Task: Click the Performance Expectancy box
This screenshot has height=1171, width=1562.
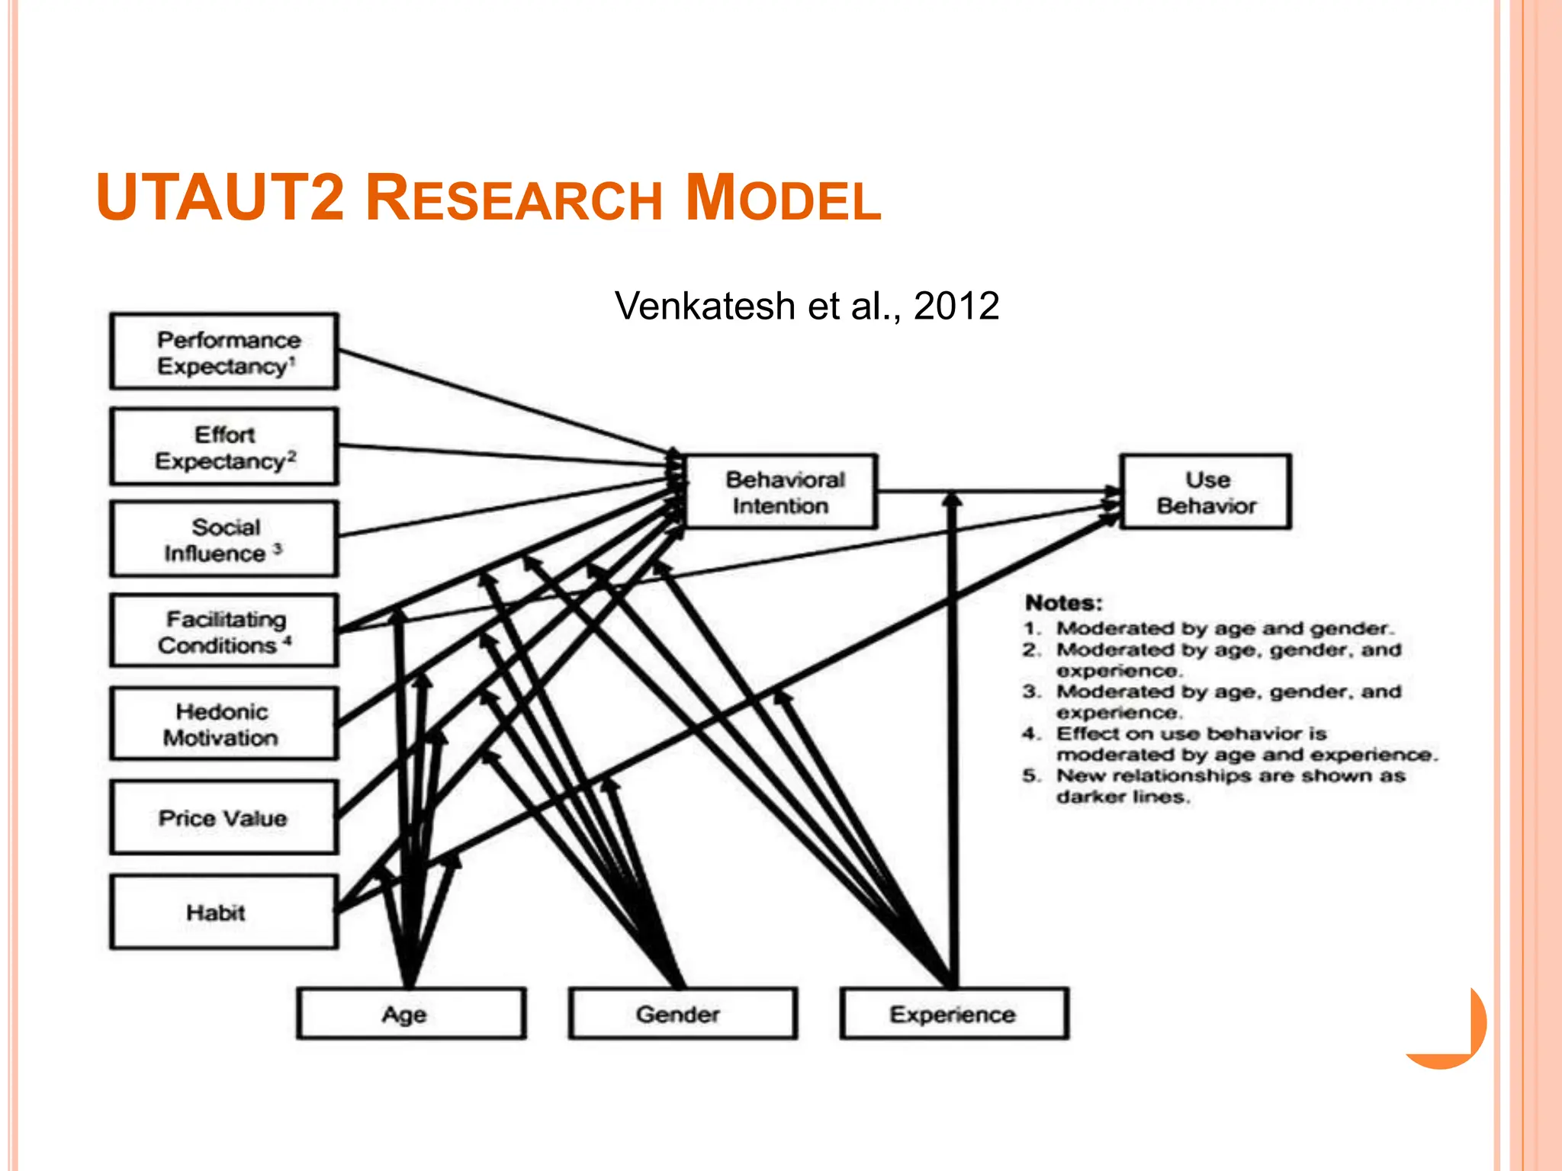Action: point(224,351)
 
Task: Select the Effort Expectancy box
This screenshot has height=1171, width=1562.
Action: point(224,447)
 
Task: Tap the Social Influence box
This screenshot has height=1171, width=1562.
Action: point(224,539)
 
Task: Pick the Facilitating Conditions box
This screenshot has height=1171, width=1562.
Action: point(224,631)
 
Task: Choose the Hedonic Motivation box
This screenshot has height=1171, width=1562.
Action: point(224,724)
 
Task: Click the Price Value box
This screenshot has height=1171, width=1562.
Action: point(224,817)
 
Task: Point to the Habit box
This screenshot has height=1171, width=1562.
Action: point(224,912)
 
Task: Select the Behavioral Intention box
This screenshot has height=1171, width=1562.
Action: point(783,492)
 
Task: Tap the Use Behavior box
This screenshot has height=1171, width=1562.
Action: point(1206,492)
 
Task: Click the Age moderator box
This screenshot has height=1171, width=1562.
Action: point(411,1014)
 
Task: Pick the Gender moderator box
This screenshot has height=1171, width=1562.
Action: point(683,1014)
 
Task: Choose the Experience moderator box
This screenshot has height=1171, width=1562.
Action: point(954,1014)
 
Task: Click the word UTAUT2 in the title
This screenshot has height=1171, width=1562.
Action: point(221,198)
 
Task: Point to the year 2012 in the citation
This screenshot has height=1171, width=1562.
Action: point(956,306)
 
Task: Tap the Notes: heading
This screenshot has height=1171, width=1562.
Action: point(1064,603)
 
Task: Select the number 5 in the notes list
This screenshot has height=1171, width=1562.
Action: point(1030,776)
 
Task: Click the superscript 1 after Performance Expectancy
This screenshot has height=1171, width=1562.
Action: point(293,360)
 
